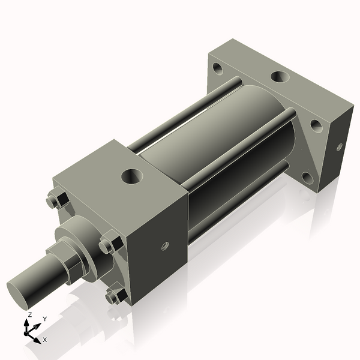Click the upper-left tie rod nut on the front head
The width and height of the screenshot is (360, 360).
pos(55,199)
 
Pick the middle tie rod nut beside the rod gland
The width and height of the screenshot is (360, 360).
pos(110,245)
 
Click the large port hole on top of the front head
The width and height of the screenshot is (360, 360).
pos(131,176)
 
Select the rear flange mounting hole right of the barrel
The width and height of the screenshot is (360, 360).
pos(314,127)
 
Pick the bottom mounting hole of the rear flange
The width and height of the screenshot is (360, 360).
pos(307,177)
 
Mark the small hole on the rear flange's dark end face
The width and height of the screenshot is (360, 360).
pos(339,146)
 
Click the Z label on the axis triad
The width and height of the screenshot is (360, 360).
pos(29,314)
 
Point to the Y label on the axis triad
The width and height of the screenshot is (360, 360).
pos(44,319)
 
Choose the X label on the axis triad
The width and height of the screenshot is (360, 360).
pos(45,340)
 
